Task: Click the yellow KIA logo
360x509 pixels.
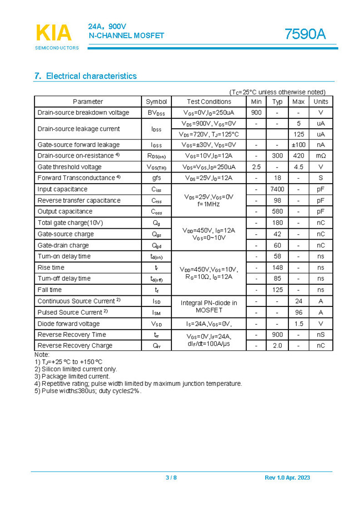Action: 54,33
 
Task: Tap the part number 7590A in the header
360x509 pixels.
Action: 305,34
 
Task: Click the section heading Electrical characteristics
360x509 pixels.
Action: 85,76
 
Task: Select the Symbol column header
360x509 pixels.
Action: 156,102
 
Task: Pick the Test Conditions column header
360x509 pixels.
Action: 209,102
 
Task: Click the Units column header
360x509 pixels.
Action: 321,102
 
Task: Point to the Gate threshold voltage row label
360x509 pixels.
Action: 70,167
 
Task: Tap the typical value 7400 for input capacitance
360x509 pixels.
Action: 277,189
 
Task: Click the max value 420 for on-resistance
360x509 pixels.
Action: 298,156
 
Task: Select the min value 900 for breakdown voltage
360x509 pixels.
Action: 256,113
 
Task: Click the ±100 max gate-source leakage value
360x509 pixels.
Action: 298,145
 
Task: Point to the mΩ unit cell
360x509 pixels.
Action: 321,156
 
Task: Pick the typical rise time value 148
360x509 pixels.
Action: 277,268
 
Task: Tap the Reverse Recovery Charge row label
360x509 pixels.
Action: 75,345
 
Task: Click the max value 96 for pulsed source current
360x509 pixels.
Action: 298,313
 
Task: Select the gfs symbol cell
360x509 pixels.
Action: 156,178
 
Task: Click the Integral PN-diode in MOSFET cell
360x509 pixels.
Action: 209,306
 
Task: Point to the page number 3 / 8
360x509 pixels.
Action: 171,478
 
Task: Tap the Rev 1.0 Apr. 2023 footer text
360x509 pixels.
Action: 287,478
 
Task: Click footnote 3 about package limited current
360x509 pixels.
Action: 72,376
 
